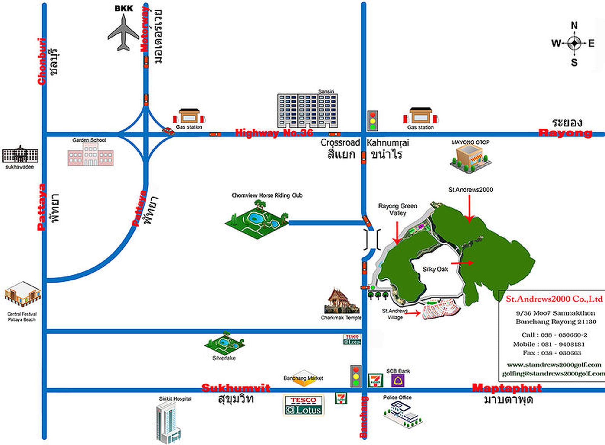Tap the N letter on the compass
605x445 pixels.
click(574, 25)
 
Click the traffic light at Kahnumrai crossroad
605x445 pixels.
click(372, 120)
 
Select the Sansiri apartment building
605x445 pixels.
click(307, 111)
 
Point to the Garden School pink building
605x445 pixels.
click(90, 155)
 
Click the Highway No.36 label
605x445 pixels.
click(274, 133)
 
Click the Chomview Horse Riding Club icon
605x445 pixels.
click(257, 219)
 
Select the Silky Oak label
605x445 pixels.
click(435, 269)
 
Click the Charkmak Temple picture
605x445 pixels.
click(341, 302)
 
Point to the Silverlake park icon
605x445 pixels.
click(224, 344)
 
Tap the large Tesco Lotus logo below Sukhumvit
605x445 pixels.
click(303, 405)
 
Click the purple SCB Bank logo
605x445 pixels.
click(398, 381)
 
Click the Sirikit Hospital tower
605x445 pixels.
click(168, 422)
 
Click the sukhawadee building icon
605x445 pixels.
click(20, 155)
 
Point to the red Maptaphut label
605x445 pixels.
click(507, 388)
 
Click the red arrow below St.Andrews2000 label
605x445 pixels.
click(469, 208)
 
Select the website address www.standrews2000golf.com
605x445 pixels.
click(554, 365)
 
